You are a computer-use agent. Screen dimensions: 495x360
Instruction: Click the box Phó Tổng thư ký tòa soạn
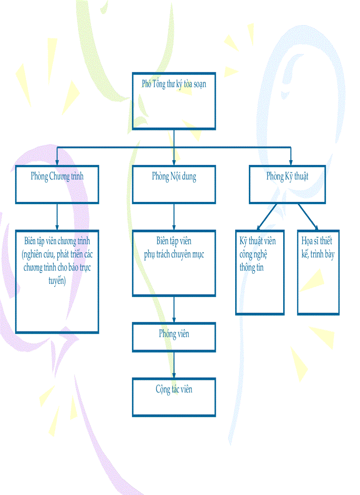[174, 101]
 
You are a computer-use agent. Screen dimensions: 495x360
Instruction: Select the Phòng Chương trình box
[57, 184]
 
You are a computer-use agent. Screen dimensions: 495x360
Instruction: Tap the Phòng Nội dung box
[174, 184]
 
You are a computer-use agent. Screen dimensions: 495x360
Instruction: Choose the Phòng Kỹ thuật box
[287, 184]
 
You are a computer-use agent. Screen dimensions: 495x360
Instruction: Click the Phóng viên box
[174, 337]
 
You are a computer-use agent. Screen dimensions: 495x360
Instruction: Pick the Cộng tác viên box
[174, 397]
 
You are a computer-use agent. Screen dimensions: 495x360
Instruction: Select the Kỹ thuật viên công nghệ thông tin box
[259, 272]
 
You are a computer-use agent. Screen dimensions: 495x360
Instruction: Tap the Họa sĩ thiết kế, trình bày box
[318, 272]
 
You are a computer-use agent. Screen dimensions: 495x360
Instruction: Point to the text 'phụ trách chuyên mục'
[174, 254]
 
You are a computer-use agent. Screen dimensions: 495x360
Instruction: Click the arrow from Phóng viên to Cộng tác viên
[174, 365]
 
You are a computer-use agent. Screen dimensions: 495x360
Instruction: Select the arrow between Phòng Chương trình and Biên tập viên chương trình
[57, 216]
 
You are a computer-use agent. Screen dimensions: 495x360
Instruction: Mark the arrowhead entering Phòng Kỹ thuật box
[290, 162]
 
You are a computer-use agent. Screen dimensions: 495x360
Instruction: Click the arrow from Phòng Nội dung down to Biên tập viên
[174, 216]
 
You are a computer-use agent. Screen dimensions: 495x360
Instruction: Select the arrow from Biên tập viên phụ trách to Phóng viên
[174, 309]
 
